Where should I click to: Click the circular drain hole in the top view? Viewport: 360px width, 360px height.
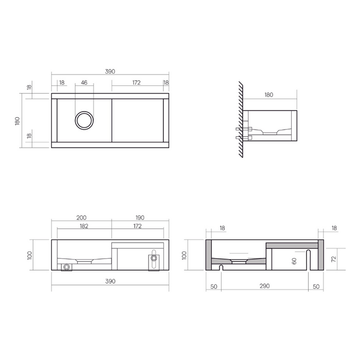(84, 120)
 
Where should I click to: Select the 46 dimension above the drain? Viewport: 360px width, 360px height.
(84, 82)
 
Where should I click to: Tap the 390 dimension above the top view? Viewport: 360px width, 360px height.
(110, 71)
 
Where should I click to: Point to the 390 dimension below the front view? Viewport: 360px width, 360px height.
(110, 281)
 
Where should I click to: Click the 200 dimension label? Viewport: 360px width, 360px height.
(81, 218)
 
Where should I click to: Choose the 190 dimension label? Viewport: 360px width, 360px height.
(140, 218)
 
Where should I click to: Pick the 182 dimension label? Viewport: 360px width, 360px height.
(84, 226)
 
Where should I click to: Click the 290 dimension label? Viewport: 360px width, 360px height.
(264, 286)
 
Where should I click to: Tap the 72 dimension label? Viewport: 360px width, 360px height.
(334, 259)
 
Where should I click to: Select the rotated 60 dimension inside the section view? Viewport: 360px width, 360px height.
(294, 261)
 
